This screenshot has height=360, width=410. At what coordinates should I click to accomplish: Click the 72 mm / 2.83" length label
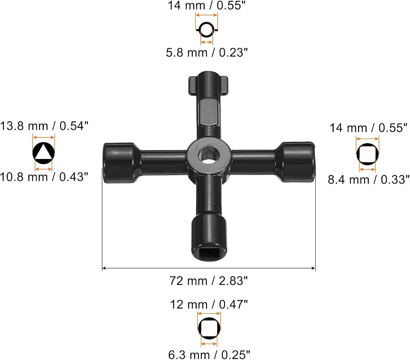208,281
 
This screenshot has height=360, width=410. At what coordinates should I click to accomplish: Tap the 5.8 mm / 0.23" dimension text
207,52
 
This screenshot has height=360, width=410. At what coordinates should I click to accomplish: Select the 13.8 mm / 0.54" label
44,126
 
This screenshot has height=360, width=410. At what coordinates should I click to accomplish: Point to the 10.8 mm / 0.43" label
44,177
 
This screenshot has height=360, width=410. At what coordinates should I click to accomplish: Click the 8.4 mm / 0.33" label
369,180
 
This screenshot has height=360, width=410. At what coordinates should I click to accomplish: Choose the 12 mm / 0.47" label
209,305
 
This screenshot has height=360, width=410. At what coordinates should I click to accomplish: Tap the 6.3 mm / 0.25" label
209,355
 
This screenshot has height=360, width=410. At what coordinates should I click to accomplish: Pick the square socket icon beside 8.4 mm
367,154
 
